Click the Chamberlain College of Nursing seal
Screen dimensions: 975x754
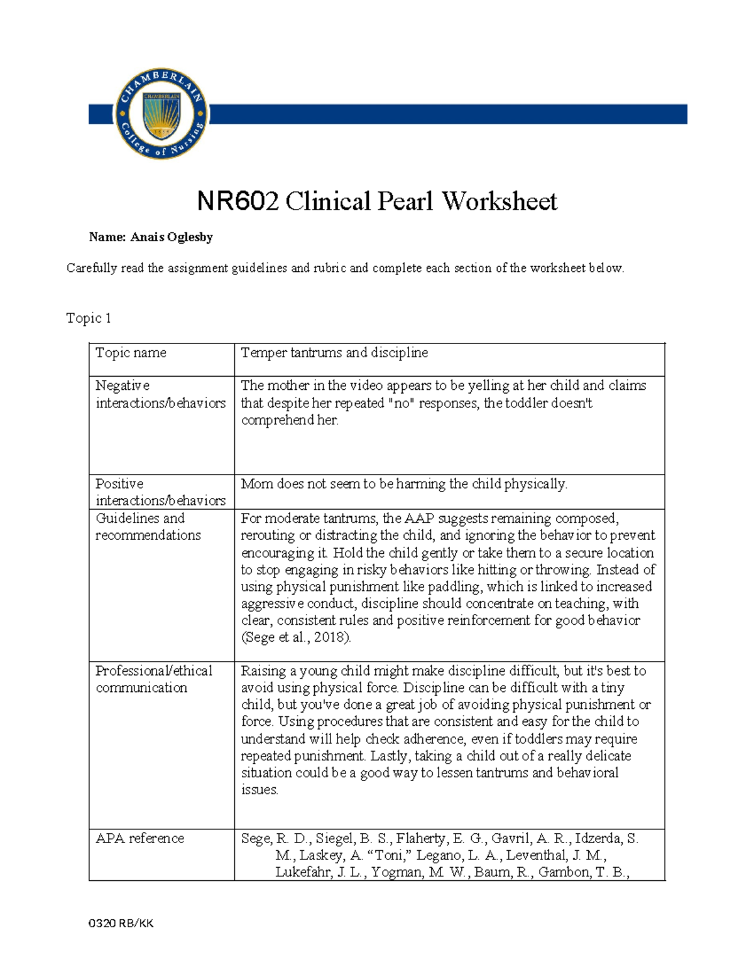tap(161, 114)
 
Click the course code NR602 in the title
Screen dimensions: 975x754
tap(237, 202)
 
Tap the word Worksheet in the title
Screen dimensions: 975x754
tap(499, 202)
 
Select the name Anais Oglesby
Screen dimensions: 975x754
tap(172, 237)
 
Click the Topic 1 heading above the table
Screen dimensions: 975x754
tap(89, 318)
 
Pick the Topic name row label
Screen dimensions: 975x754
tap(131, 353)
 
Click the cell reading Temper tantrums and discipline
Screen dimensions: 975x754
tap(334, 353)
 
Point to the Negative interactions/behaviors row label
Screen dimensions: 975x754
tap(160, 394)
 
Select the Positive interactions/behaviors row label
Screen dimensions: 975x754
tap(160, 492)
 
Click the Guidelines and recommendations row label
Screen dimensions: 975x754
tap(148, 527)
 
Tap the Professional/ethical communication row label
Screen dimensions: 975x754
tap(153, 679)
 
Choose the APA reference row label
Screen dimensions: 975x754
tap(139, 838)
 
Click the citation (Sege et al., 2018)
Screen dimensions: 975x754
tap(296, 637)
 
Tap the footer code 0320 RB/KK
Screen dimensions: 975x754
tap(121, 923)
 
